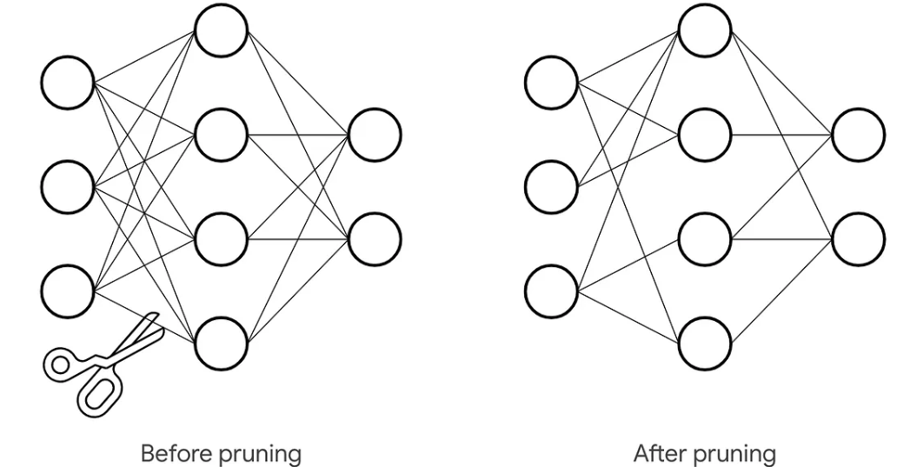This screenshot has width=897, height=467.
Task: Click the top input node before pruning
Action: (x=67, y=83)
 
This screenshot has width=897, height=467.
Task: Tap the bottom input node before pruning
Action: (x=67, y=290)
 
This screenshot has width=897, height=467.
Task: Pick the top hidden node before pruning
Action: (x=221, y=30)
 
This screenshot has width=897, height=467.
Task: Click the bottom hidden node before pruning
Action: (x=221, y=344)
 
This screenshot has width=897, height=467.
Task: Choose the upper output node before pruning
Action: (x=375, y=135)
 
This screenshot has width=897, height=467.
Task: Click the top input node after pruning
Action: (x=551, y=83)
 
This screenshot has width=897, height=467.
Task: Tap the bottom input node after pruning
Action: (x=551, y=290)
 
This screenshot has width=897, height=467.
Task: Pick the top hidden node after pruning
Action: (x=705, y=30)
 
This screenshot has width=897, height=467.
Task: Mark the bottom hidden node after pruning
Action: (x=705, y=344)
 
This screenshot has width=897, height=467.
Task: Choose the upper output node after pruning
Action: (x=859, y=135)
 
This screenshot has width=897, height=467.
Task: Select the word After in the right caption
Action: (x=657, y=453)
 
